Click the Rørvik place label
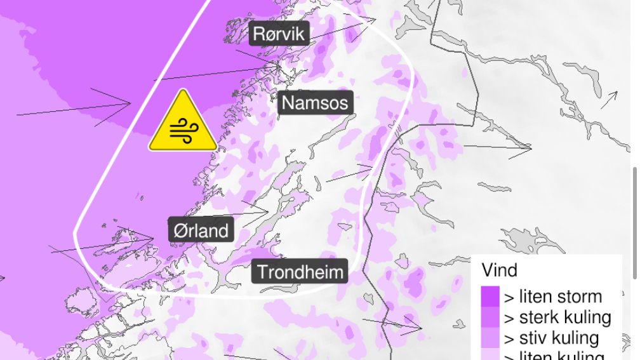pos(279,34)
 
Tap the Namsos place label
pos(316,103)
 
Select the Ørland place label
pos(201,230)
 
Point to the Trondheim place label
pos(300,272)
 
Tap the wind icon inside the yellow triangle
pos(183,131)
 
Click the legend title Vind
pos(500,270)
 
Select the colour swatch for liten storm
pos(490,297)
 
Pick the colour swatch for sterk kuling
pos(490,317)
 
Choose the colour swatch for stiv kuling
pos(490,338)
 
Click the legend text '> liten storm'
pos(553,297)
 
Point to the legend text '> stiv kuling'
pos(552,338)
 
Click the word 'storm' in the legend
pos(578,297)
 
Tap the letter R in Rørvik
pos(260,34)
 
